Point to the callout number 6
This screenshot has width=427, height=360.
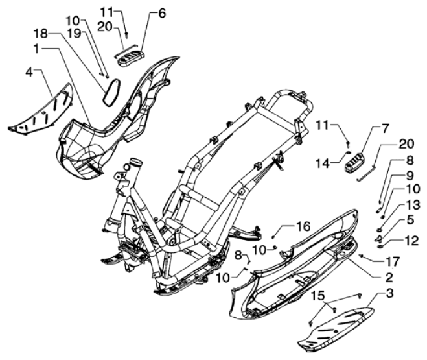[161, 12]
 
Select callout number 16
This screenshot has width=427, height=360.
[303, 226]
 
